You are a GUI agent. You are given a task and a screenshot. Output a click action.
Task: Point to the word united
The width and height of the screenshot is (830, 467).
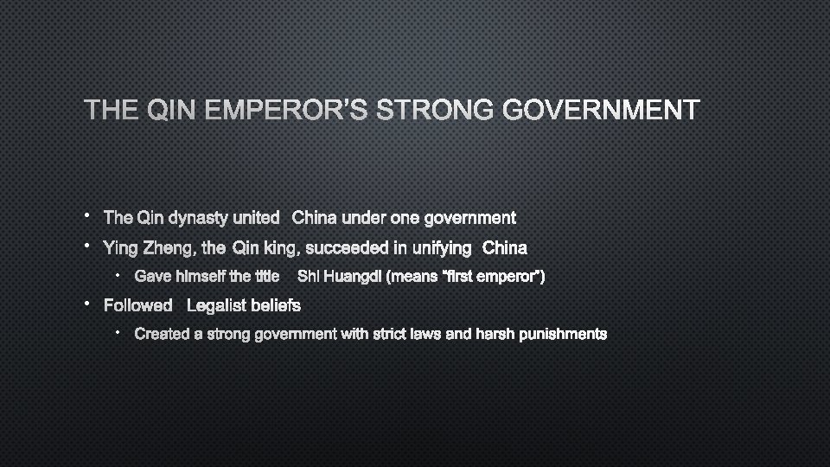(256, 218)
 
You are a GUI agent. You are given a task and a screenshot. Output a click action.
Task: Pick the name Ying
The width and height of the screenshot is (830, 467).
(119, 249)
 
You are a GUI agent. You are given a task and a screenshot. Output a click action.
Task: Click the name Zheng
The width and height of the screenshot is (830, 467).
(169, 249)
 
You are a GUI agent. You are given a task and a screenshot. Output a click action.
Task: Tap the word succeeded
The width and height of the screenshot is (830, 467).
(346, 249)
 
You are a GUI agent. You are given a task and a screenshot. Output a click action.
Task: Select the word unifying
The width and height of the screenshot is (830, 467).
(442, 249)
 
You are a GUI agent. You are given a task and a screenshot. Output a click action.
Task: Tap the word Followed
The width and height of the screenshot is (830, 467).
(138, 305)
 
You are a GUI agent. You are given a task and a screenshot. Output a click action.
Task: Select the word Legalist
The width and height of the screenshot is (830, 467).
(218, 305)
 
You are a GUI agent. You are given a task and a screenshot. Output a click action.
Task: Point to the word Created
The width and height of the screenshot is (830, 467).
(163, 334)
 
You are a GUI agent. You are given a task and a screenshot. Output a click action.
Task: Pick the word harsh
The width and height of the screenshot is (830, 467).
(495, 334)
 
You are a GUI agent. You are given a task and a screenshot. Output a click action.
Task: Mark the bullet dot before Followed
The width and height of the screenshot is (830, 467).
(88, 304)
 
